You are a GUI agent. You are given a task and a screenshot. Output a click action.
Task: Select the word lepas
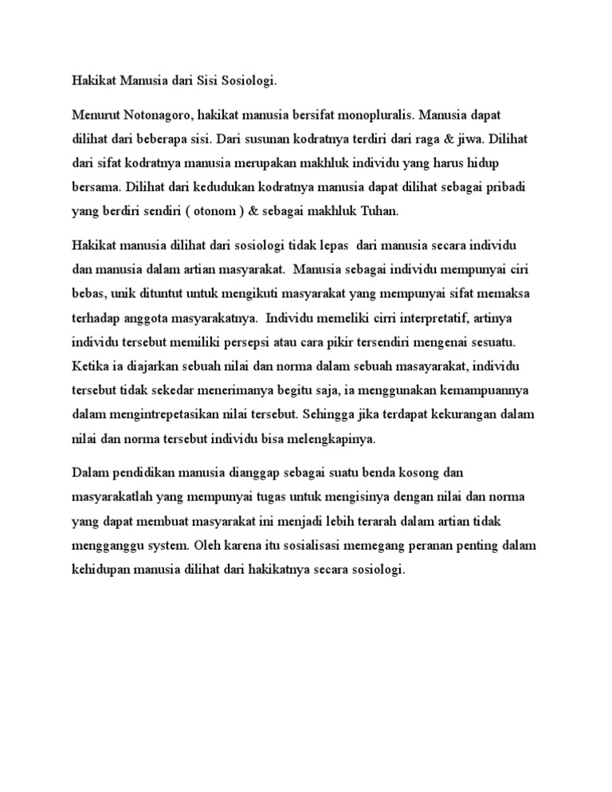click(320, 249)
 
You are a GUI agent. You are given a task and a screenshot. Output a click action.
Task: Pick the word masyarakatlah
click(113, 496)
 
